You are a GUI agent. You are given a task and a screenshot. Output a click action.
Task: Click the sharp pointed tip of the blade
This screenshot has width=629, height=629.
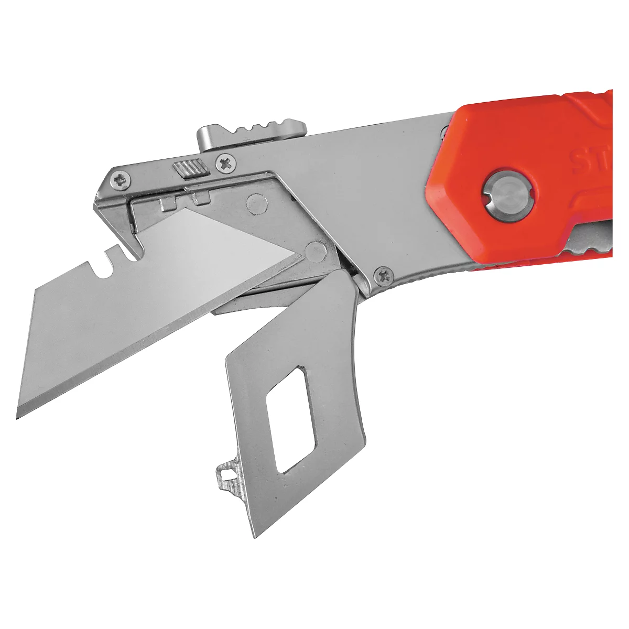(x=19, y=416)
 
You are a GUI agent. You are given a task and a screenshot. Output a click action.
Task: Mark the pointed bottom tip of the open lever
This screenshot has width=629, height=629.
(x=255, y=536)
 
